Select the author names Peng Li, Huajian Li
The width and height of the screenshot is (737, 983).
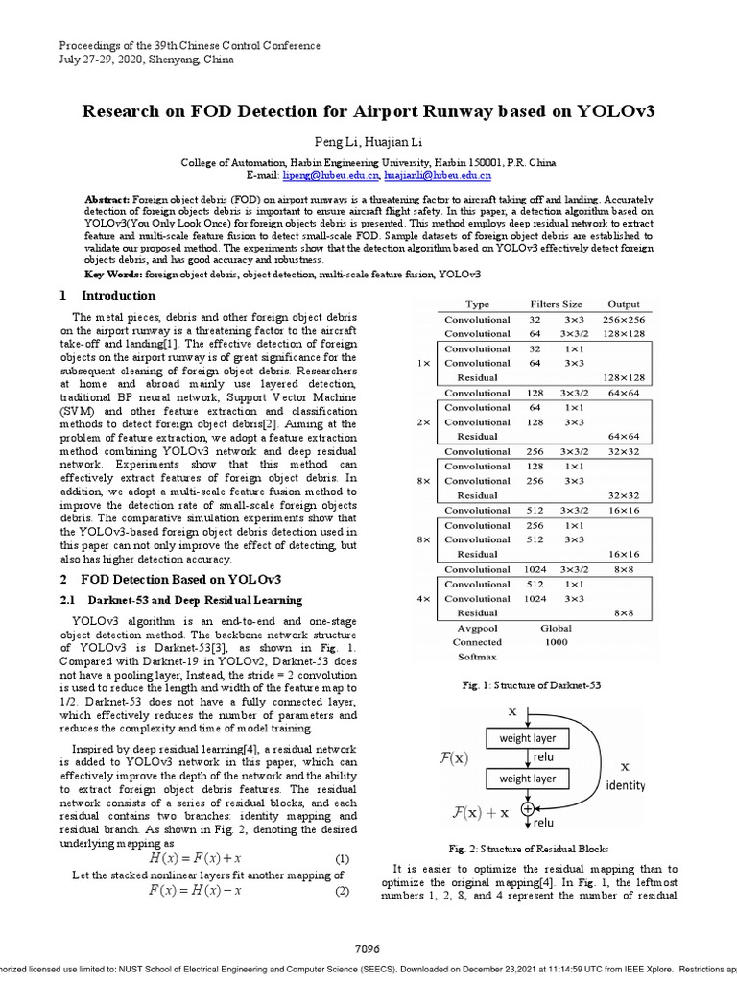(368, 142)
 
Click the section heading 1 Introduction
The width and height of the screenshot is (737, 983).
(107, 296)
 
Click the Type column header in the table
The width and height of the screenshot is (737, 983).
(477, 304)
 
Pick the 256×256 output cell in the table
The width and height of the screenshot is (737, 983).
(624, 320)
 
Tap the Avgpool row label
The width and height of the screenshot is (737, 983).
(477, 628)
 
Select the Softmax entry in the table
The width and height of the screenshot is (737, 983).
(477, 657)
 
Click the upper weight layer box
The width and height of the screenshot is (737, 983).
(528, 738)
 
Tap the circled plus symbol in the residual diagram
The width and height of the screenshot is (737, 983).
(527, 809)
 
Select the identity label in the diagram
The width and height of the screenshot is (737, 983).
(626, 784)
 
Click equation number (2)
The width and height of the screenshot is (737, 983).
(342, 891)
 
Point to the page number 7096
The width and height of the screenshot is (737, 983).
(368, 948)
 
